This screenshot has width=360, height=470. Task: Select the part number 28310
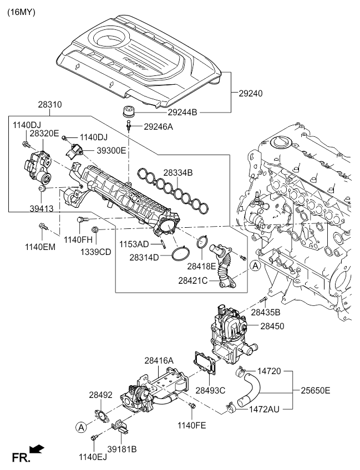pos(50,104)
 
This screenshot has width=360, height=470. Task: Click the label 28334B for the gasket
pos(178,173)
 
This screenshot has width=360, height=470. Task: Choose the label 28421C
pos(193,281)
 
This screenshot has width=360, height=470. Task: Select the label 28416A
pos(159,361)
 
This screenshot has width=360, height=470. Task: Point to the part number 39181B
pos(122,449)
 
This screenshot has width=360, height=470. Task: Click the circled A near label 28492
pos(82,427)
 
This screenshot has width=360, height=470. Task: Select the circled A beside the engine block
pos(255,266)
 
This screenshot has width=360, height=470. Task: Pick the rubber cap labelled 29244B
pos(129,109)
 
